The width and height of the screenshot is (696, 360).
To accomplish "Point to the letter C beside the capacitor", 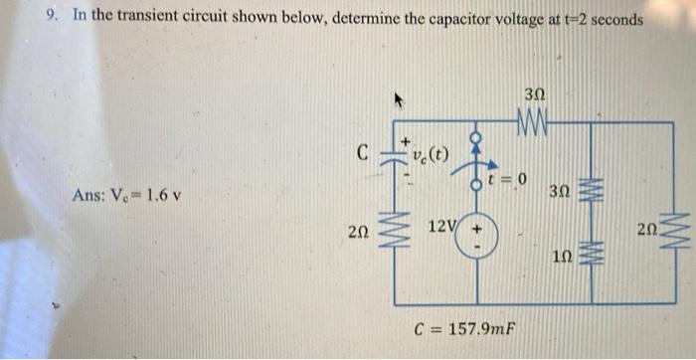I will click(364, 154).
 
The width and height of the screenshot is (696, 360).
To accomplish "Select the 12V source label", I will click(441, 228).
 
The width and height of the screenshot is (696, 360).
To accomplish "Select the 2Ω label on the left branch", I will click(361, 233).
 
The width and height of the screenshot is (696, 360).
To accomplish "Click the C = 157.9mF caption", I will click(466, 330).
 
